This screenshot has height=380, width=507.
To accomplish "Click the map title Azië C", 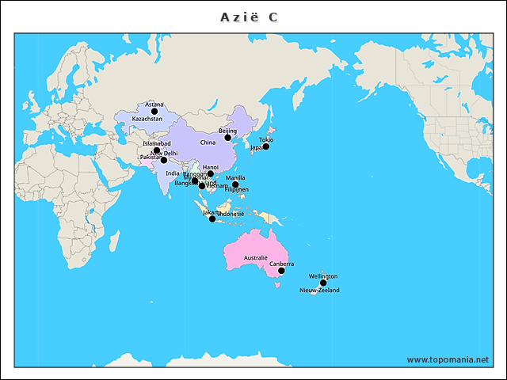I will [x=249, y=17].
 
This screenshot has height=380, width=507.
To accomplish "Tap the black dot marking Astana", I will [x=154, y=112].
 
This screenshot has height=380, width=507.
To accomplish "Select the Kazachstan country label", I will [x=147, y=119].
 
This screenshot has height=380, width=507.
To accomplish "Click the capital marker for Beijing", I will [x=228, y=138].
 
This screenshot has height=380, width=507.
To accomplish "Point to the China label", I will [x=208, y=142].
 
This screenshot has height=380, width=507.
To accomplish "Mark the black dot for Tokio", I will [x=266, y=146].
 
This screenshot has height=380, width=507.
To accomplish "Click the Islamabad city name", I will [x=157, y=143].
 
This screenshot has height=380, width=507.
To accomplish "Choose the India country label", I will [x=173, y=173].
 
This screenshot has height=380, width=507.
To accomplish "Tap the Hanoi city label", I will [x=211, y=167].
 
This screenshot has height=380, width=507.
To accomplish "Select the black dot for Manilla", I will [x=235, y=184].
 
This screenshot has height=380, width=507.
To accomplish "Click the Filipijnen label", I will [x=237, y=190].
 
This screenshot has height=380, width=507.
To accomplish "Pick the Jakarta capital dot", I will [x=212, y=218].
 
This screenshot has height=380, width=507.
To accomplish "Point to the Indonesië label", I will [x=231, y=215].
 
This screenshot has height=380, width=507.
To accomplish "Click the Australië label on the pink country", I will [x=256, y=259].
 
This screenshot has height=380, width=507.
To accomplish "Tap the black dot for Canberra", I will [x=281, y=271].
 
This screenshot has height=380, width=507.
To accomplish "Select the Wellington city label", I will [x=323, y=276].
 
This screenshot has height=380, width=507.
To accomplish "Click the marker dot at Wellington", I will [x=323, y=283].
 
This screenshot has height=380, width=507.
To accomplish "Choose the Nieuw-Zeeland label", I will [x=319, y=291].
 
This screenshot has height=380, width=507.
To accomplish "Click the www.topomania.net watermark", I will [x=448, y=359].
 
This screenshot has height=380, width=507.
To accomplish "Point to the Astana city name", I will [x=154, y=104].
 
